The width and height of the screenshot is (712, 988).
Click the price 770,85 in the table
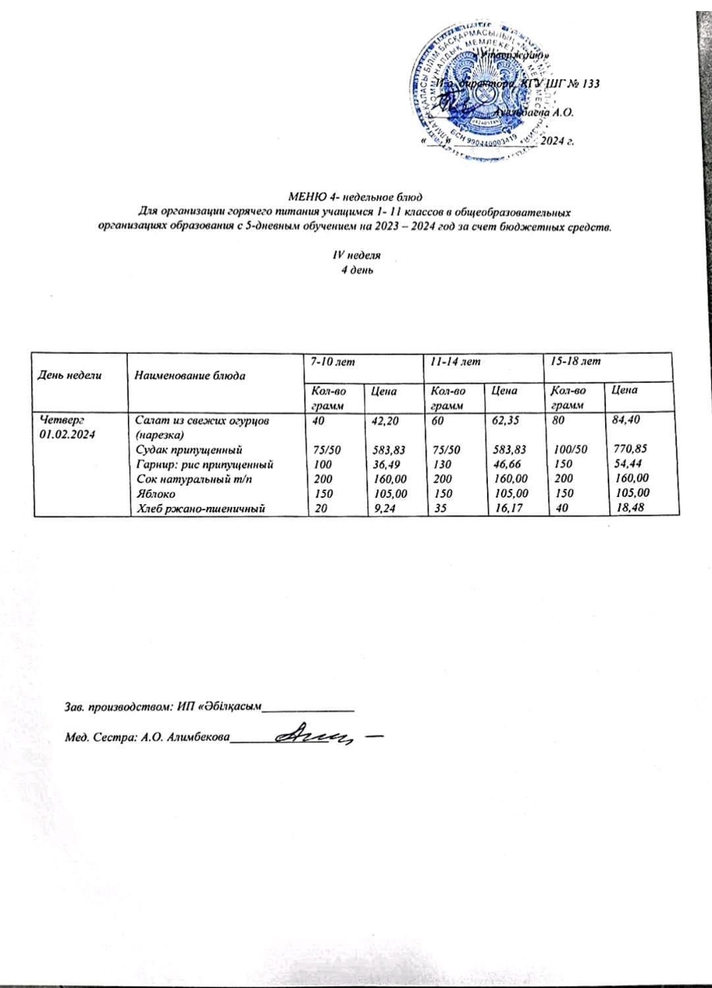627,450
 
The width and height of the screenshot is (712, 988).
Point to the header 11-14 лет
452,362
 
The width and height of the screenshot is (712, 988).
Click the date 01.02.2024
67,433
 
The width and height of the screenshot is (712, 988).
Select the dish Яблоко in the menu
155,492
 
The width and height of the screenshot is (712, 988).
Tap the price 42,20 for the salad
386,419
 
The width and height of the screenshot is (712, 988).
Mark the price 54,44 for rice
626,464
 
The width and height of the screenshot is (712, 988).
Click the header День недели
71,376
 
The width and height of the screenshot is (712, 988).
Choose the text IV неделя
355,254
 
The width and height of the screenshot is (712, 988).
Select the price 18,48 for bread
626,507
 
